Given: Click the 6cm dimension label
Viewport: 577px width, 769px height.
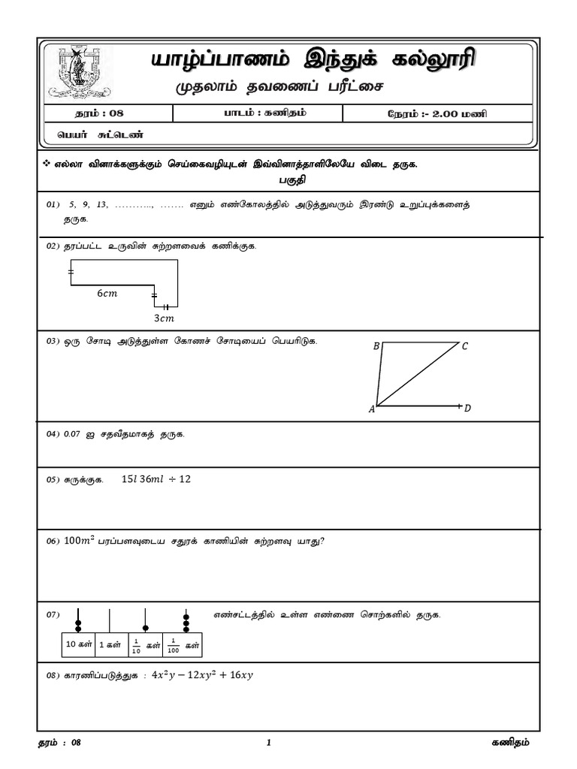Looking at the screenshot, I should (x=107, y=294).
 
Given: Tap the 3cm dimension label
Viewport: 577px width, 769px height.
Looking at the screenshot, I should (x=164, y=318).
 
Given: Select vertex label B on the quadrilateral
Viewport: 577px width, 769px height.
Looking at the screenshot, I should (x=376, y=346).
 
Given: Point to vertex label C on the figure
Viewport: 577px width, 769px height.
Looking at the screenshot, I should (x=465, y=346).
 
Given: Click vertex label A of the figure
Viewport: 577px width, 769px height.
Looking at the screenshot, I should (x=371, y=409).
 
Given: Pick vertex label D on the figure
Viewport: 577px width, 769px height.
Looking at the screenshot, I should (x=467, y=409).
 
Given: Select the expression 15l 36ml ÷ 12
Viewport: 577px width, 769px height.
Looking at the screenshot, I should (x=156, y=479).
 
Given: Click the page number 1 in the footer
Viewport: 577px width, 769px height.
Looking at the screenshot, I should (x=268, y=743).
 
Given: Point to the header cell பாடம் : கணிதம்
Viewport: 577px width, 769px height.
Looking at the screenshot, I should (x=258, y=113).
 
